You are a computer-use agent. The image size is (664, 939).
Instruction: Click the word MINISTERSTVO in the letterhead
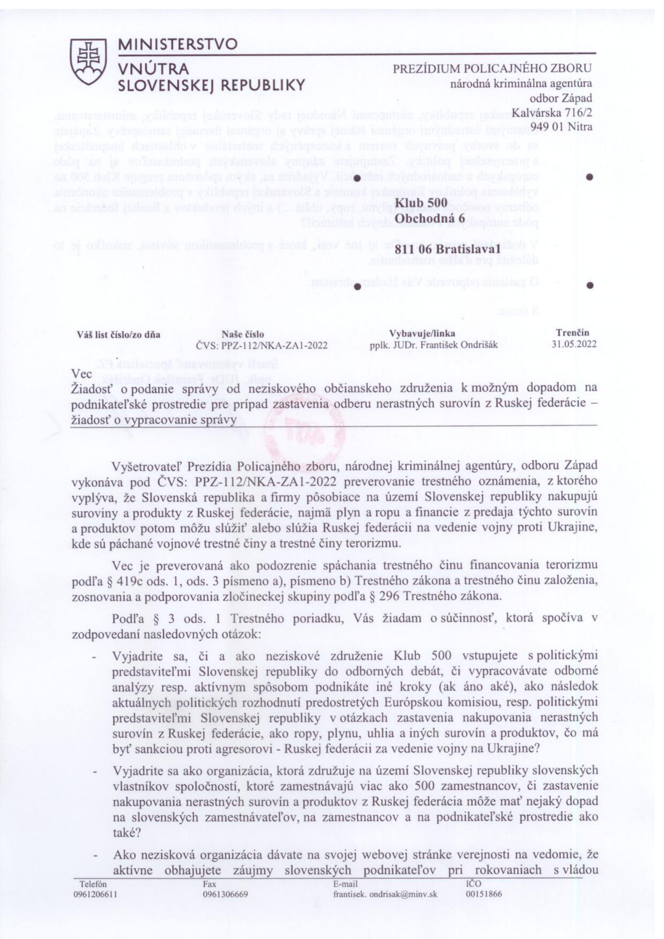[x=178, y=44]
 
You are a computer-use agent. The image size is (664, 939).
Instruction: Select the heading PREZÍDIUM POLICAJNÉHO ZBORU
[x=492, y=68]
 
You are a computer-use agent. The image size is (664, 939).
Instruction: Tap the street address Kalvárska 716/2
[x=551, y=112]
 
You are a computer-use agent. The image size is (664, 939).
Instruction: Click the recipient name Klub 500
[x=421, y=203]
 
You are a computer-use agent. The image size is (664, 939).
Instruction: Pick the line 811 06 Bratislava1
[x=448, y=249]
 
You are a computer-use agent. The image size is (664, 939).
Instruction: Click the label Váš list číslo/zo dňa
[x=118, y=335]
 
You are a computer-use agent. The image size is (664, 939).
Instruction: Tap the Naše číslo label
[x=243, y=335]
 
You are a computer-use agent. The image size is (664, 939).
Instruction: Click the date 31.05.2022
[x=574, y=344]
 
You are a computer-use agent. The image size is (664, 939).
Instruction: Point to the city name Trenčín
[x=572, y=333]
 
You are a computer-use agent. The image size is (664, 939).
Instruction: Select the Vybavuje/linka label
[x=422, y=334]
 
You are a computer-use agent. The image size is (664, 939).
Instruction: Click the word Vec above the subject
[x=82, y=374]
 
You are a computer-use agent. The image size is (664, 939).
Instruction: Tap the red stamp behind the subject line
[x=304, y=430]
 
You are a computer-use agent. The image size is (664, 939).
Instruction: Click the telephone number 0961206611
[x=95, y=894]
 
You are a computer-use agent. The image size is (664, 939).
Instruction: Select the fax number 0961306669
[x=225, y=894]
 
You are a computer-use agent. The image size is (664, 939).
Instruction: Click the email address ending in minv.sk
[x=385, y=894]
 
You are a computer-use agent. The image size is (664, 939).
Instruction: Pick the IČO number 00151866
[x=484, y=894]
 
